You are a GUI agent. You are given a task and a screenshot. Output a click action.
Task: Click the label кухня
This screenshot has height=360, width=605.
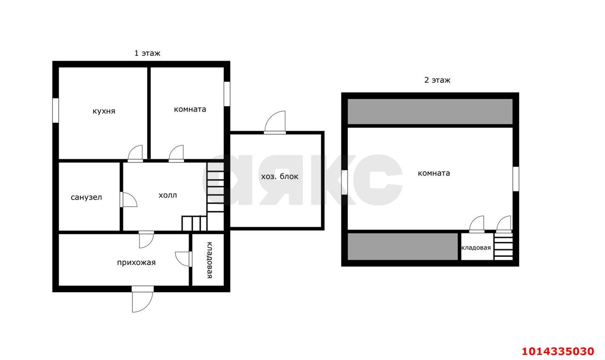tap(104, 111)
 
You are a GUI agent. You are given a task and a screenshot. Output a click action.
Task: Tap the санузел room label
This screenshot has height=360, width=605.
tap(86, 197)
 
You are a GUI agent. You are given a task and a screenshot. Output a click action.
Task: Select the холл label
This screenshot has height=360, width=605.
tap(168, 195)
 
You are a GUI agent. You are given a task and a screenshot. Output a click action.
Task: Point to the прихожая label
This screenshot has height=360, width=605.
tap(137, 263)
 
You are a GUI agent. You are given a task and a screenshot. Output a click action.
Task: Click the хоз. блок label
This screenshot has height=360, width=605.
tap(279, 177)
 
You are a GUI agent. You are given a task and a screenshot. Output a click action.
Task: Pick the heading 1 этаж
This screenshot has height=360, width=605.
tap(147, 53)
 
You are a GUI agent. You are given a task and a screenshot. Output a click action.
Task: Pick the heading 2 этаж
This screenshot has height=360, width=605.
tap(438, 80)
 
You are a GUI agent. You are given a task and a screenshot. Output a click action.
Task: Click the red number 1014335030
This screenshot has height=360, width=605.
tap(558, 351)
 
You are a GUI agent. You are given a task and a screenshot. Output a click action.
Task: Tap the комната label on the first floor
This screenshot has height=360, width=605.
tap(190, 109)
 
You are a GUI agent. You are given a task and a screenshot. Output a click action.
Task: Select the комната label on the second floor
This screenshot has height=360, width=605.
tap(434, 173)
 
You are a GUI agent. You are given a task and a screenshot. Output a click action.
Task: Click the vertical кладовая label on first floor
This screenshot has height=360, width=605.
tap(209, 260)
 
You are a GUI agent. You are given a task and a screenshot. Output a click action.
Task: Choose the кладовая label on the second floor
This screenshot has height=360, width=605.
tap(476, 248)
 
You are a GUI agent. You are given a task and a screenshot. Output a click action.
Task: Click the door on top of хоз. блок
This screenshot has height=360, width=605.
tap(275, 122)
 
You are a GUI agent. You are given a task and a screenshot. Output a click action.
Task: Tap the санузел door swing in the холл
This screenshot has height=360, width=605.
tap(129, 200)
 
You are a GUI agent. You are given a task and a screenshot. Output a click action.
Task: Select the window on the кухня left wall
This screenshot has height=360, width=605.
tap(56, 111)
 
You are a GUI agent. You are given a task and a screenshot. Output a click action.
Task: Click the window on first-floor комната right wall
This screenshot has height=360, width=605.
tap(227, 94)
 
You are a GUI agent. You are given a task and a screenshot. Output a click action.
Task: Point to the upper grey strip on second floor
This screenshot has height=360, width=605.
tap(430, 111)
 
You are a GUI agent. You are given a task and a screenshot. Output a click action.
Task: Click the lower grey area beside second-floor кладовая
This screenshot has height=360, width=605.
tap(402, 247)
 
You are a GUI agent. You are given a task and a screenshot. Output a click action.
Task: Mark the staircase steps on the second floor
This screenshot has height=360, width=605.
tap(503, 247)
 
